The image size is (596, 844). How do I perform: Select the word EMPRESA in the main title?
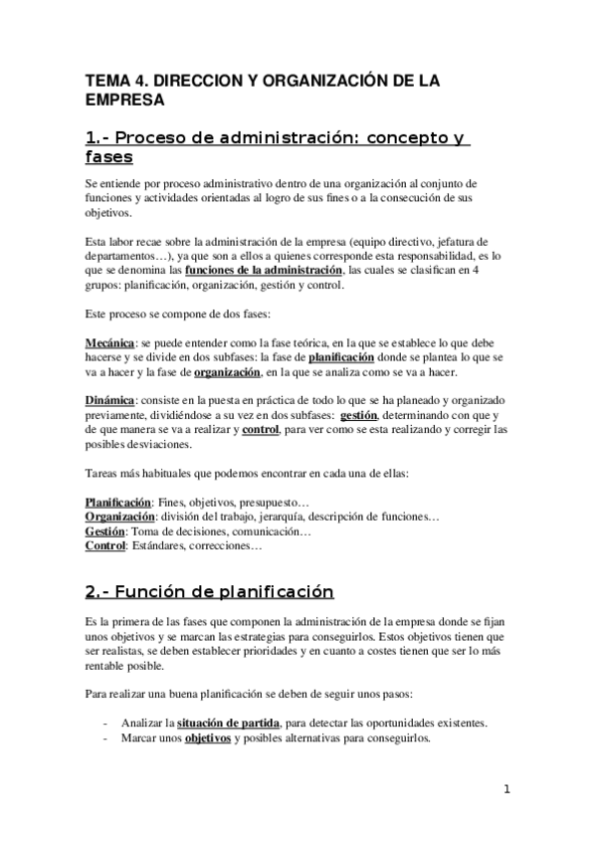coord(124,101)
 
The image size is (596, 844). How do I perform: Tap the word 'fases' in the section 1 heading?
coord(109,157)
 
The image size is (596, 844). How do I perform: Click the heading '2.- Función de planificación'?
coord(209,592)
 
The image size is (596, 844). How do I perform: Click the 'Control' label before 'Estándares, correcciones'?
coord(104,546)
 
